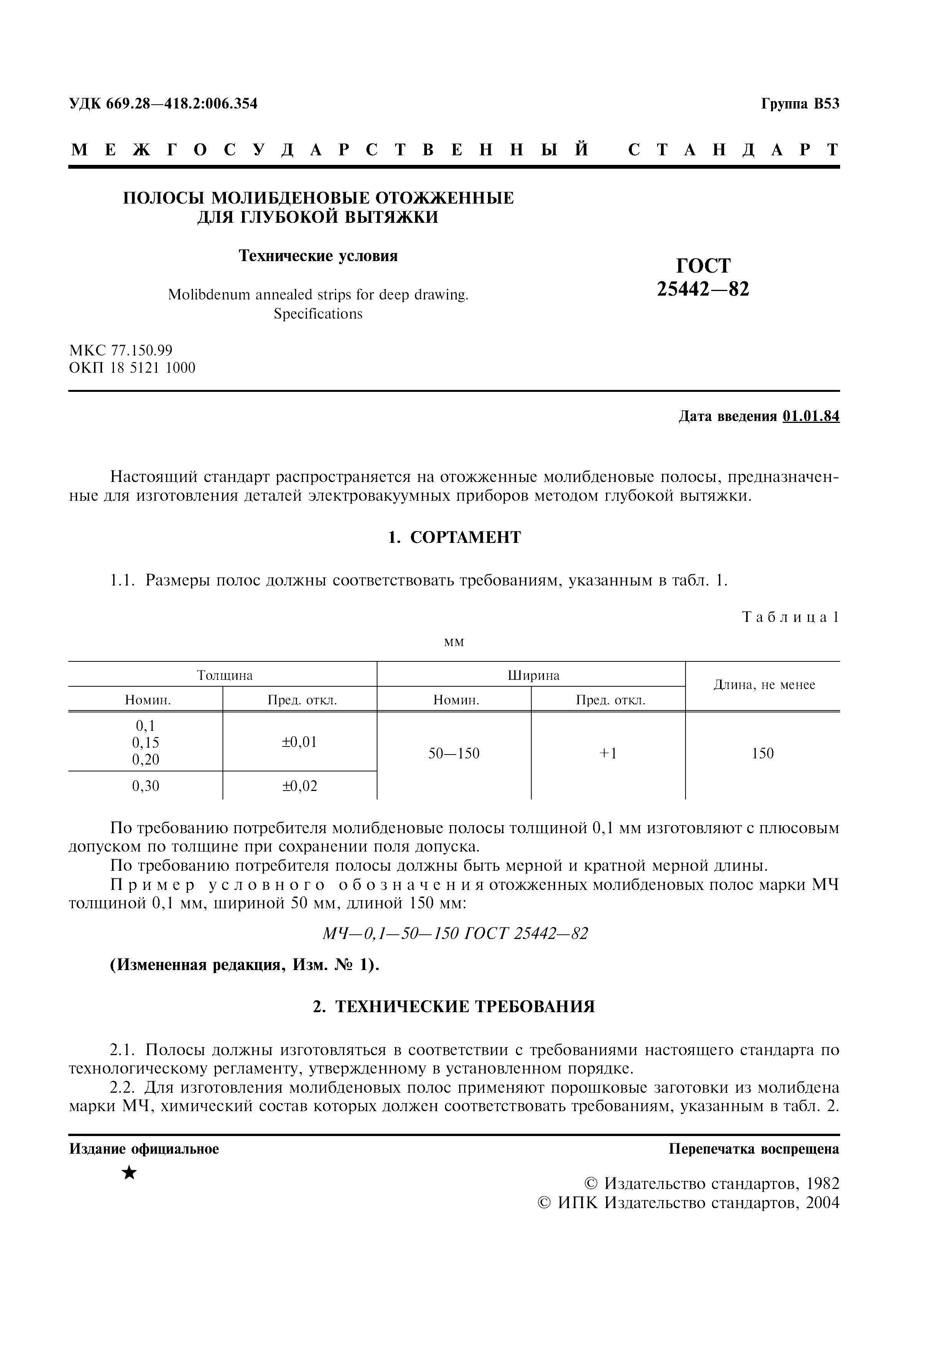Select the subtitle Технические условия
coord(318,256)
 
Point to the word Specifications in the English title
coord(318,314)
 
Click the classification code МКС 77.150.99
coord(121,350)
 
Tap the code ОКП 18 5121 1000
coord(132,368)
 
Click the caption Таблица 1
coord(790,617)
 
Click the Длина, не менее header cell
coord(763,685)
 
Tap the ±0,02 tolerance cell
coord(300,786)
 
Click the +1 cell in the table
coord(608,753)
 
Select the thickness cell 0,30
coord(145,786)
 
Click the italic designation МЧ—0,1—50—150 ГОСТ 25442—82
coord(455,933)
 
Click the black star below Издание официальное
coord(130,1173)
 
